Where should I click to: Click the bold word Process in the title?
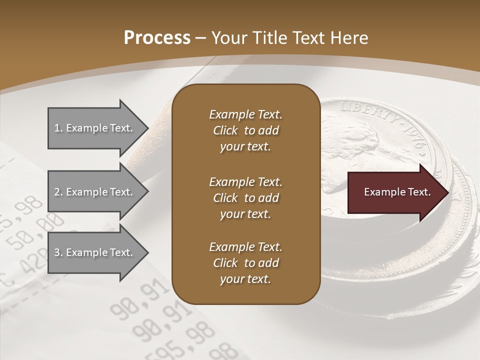pyautogui.click(x=157, y=38)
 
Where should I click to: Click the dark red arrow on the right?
pyautogui.click(x=395, y=192)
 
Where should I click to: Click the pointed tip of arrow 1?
pyautogui.click(x=147, y=128)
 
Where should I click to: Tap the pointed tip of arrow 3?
pyautogui.click(x=147, y=252)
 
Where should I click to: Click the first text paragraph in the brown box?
pyautogui.click(x=245, y=130)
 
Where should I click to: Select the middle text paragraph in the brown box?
pyautogui.click(x=245, y=197)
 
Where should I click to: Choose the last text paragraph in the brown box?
pyautogui.click(x=245, y=263)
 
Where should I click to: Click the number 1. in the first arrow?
pyautogui.click(x=58, y=128)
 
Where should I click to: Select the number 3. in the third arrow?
pyautogui.click(x=58, y=253)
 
